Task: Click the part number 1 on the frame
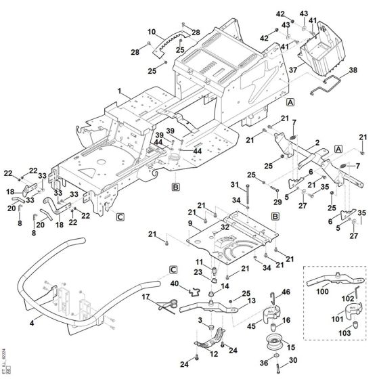119,90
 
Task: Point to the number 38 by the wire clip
352,70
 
